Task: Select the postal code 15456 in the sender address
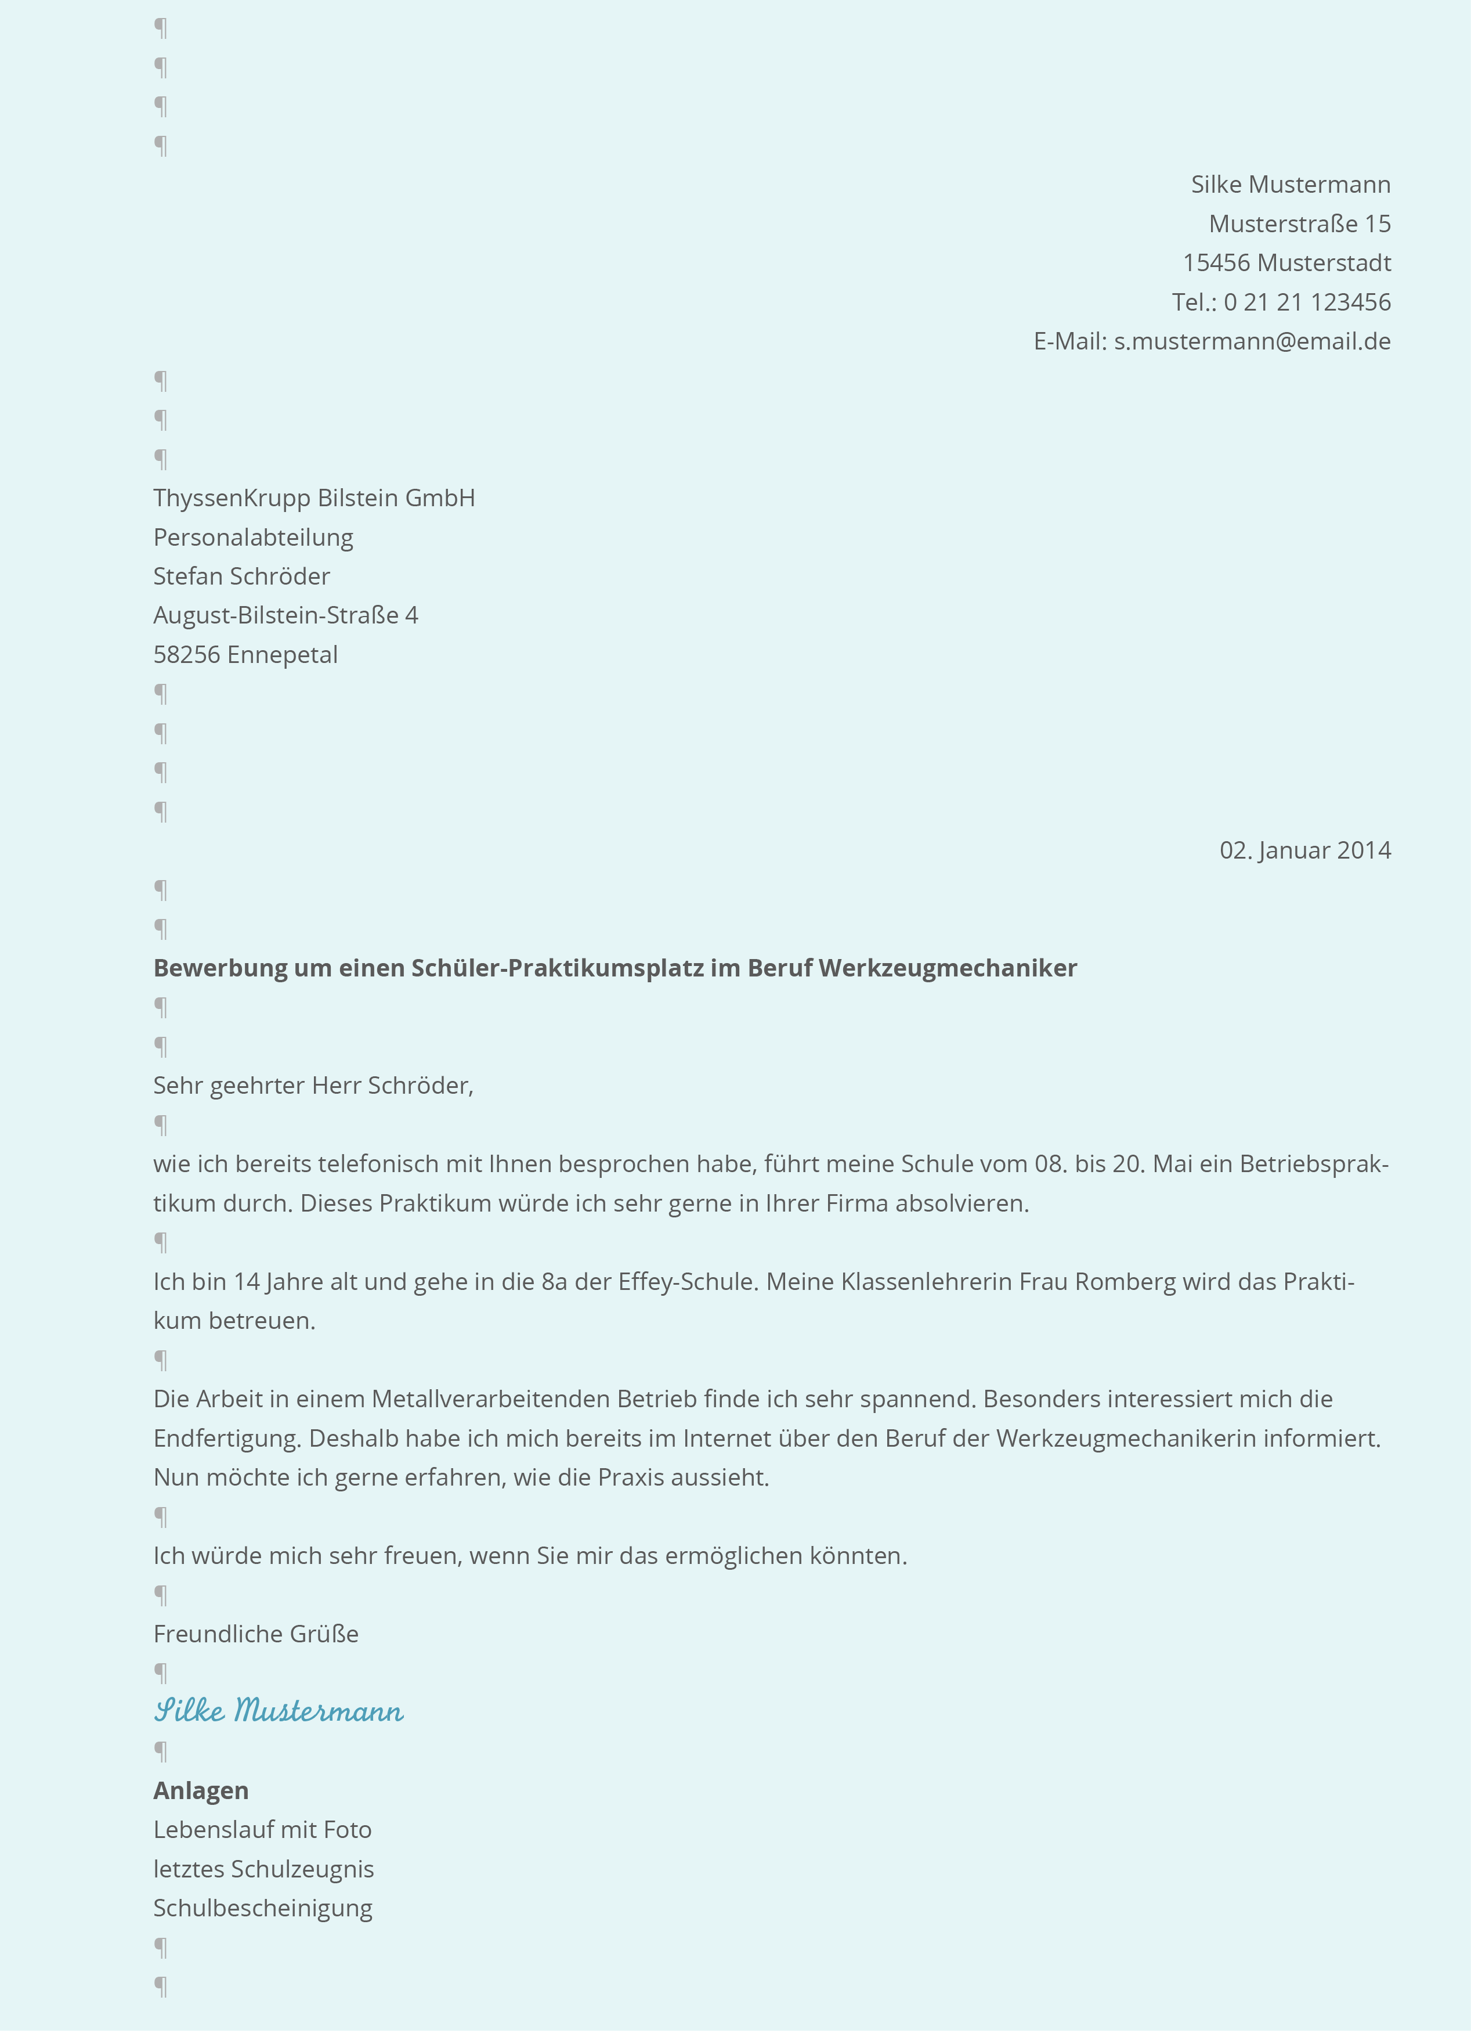click(1216, 262)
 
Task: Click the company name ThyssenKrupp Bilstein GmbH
click(314, 498)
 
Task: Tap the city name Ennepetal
click(283, 655)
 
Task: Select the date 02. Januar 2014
click(1304, 850)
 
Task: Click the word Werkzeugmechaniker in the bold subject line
click(948, 968)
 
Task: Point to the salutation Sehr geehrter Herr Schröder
click(313, 1086)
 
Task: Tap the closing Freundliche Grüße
click(255, 1634)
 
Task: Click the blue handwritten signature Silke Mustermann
click(278, 1710)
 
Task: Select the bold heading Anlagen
click(201, 1791)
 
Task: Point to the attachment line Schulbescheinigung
click(262, 1908)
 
